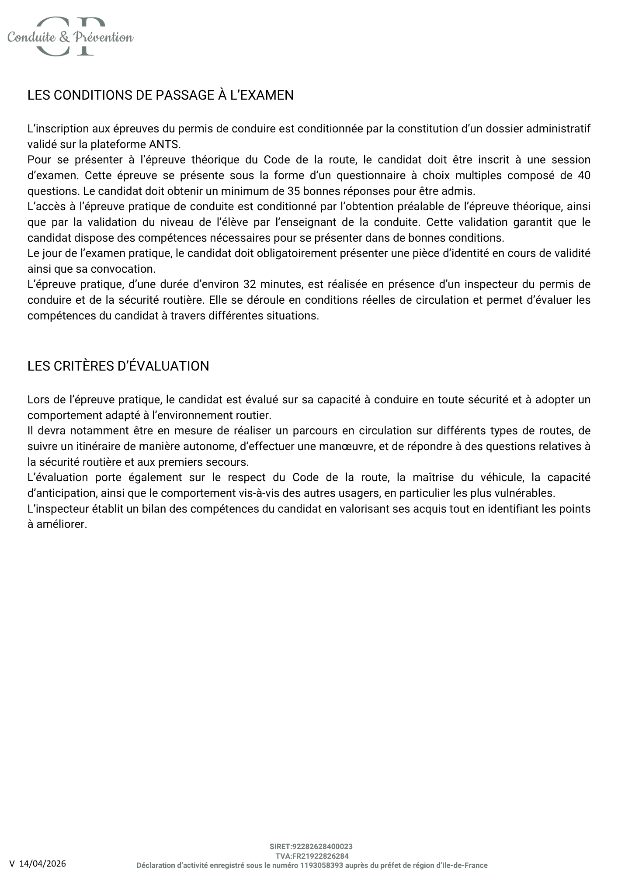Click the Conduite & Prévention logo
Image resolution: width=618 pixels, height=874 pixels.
coord(70,37)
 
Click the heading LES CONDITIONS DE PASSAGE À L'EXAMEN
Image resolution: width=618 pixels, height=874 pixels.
coord(160,95)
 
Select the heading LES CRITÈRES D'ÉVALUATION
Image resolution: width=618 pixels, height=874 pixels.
coord(118,366)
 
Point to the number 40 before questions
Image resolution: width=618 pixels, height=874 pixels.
coord(583,176)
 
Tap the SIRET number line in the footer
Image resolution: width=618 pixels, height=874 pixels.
coord(311,846)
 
